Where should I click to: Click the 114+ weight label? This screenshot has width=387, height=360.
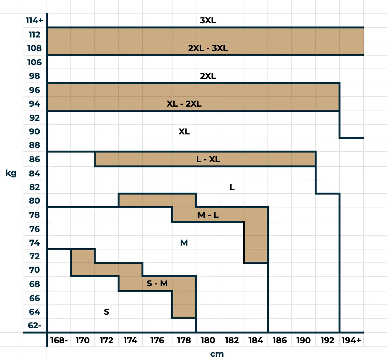point(34,20)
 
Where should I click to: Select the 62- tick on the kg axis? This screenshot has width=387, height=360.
point(34,325)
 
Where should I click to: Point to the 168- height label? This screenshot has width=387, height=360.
point(59,340)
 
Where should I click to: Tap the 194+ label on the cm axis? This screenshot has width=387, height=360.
point(351,340)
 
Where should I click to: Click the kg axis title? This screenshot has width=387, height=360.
point(11,173)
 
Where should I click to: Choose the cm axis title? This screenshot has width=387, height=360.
point(217,354)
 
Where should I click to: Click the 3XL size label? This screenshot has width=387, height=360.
point(208,20)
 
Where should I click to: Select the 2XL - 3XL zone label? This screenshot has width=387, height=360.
point(208,48)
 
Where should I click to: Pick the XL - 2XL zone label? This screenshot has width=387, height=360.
point(184,104)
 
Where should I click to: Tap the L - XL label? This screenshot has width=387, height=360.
point(208,159)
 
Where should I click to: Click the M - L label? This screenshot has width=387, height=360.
point(208,215)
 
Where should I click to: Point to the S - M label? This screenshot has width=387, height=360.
point(157,283)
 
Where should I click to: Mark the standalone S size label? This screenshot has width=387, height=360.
point(107,312)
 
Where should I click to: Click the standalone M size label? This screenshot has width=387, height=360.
point(184,243)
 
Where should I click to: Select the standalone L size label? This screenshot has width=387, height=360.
point(232,187)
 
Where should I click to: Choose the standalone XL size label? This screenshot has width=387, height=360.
point(184,132)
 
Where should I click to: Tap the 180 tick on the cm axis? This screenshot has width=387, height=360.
point(208,340)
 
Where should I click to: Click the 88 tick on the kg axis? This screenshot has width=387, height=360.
point(34,145)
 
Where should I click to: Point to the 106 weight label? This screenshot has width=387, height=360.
point(34,62)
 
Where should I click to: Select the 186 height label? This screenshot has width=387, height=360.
point(279,340)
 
